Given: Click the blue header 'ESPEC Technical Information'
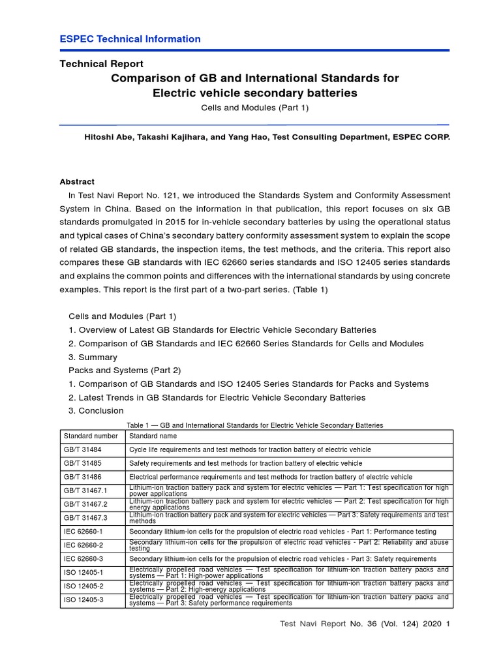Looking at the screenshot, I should (x=130, y=39).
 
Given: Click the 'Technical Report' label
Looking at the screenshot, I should (x=102, y=64).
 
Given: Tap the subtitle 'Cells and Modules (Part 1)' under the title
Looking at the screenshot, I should (x=254, y=108).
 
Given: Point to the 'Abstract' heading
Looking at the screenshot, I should (x=77, y=182).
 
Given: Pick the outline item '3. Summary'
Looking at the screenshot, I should (x=93, y=357).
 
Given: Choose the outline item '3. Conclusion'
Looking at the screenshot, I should (x=96, y=411).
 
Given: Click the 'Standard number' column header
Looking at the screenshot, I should (x=91, y=436).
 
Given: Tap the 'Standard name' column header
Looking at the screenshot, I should (x=153, y=436).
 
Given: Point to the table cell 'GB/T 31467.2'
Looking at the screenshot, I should (x=85, y=504).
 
